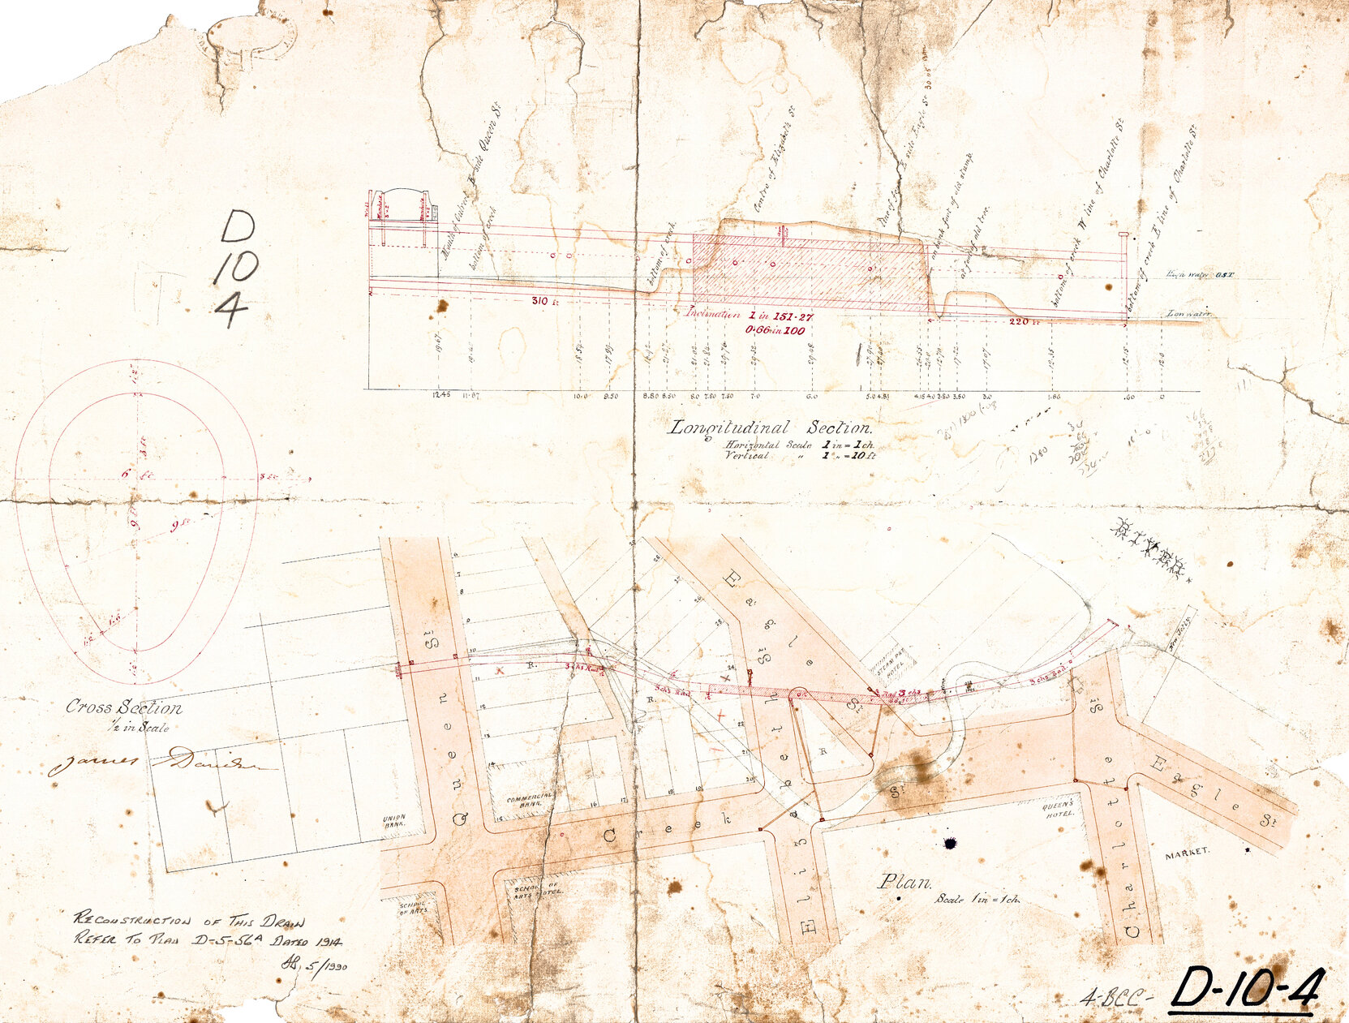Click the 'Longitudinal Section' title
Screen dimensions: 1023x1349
769,428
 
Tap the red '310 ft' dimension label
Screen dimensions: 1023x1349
539,301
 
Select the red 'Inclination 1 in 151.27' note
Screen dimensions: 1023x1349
746,314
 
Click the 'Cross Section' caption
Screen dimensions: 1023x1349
123,707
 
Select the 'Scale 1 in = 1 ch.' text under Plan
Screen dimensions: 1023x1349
977,900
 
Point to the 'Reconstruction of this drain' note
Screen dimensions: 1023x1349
190,921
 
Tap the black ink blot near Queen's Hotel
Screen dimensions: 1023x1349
952,845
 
